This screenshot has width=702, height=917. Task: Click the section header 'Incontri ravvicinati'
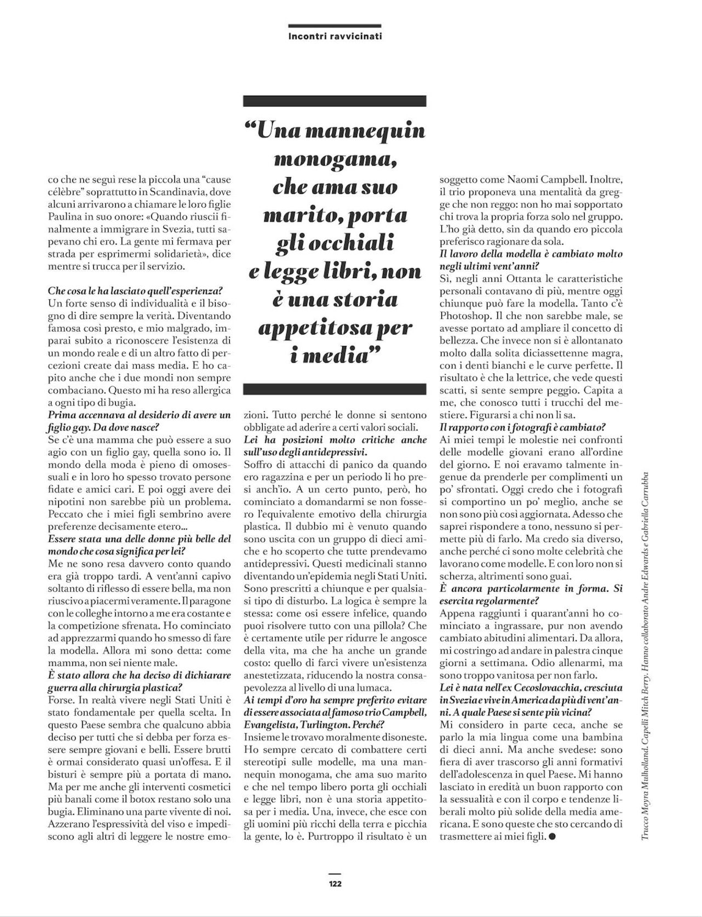click(335, 37)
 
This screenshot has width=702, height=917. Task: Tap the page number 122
click(335, 883)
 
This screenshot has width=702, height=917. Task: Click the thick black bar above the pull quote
click(335, 101)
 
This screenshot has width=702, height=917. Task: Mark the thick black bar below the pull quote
click(335, 389)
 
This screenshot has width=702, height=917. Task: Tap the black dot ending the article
click(552, 836)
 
